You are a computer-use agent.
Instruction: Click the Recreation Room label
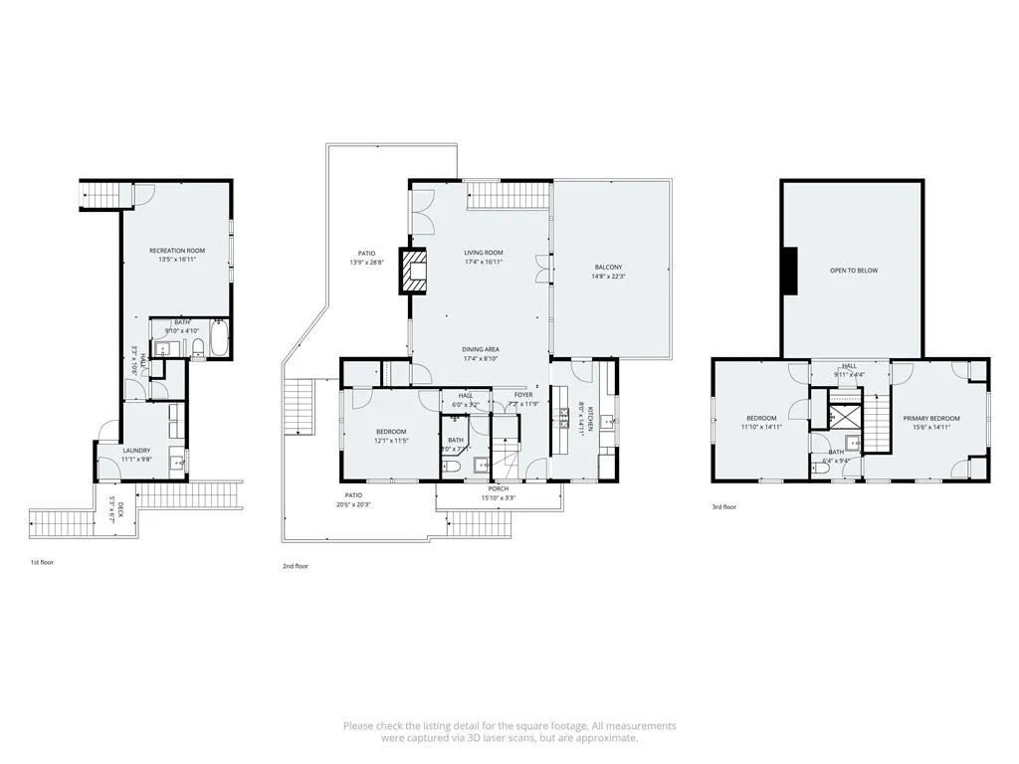pyautogui.click(x=177, y=250)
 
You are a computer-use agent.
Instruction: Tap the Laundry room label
pyautogui.click(x=136, y=451)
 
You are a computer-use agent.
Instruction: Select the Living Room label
pyautogui.click(x=483, y=253)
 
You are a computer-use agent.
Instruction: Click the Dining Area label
pyautogui.click(x=480, y=349)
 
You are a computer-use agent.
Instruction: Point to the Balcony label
pyautogui.click(x=608, y=268)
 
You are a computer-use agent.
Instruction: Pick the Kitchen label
pyautogui.click(x=589, y=418)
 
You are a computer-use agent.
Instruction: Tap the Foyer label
pyautogui.click(x=523, y=395)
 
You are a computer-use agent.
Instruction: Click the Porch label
pyautogui.click(x=499, y=488)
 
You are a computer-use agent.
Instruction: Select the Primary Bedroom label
pyautogui.click(x=932, y=418)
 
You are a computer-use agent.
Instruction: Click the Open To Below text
pyautogui.click(x=854, y=271)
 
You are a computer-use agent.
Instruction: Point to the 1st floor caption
pyautogui.click(x=42, y=562)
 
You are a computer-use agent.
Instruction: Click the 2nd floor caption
pyautogui.click(x=296, y=566)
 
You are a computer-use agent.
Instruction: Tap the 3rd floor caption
pyautogui.click(x=723, y=506)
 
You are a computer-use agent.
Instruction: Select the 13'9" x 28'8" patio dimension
pyautogui.click(x=365, y=263)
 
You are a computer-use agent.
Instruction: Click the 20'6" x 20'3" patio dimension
pyautogui.click(x=353, y=504)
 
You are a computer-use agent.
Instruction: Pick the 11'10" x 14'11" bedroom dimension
pyautogui.click(x=761, y=427)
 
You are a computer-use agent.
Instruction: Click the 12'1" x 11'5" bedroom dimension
pyautogui.click(x=391, y=440)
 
